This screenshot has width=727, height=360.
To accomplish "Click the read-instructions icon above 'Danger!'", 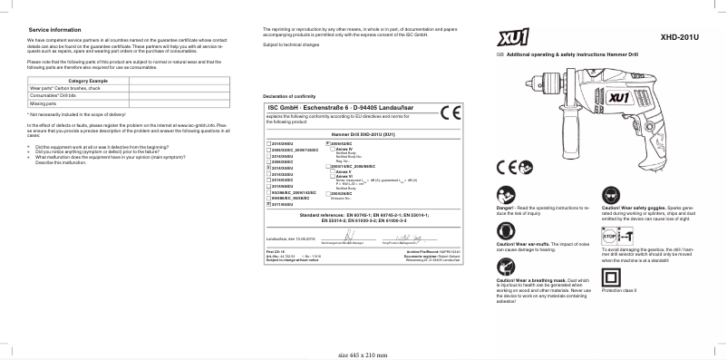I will (x=509, y=195).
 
